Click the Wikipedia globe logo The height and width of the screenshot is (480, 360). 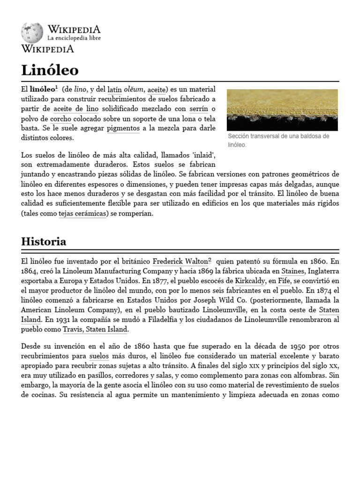31,32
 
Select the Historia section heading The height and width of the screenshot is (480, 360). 44,241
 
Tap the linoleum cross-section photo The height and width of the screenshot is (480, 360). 282,110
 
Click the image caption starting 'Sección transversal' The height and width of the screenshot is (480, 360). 278,140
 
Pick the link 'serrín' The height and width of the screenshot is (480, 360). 198,109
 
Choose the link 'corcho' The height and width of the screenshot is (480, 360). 60,119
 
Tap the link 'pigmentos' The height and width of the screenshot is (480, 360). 123,128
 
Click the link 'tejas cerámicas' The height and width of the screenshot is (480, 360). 82,213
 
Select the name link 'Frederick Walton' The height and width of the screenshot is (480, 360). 180,261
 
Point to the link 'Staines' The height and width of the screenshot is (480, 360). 293,271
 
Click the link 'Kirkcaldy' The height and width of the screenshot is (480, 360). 250,281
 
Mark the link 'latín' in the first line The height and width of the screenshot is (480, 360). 114,89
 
